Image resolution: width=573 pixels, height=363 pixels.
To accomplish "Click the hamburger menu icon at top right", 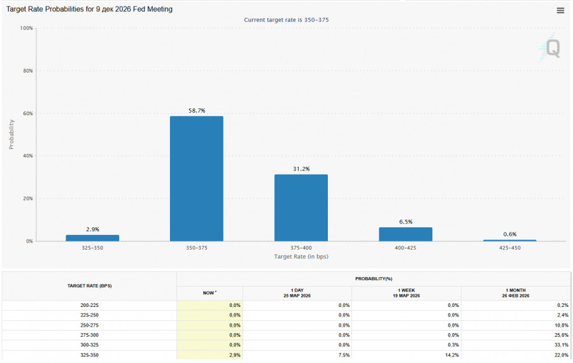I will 560,10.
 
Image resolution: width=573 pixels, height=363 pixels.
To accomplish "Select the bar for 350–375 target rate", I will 196,178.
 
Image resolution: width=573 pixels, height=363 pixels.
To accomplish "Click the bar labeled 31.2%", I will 301,208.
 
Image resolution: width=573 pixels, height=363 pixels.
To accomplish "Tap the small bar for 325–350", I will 92,238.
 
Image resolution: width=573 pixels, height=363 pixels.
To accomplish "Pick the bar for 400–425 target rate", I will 406,234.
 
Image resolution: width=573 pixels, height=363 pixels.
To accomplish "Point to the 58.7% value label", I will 197,111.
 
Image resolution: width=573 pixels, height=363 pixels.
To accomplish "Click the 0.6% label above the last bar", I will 509,234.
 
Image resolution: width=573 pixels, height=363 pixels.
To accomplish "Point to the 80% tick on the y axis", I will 26,71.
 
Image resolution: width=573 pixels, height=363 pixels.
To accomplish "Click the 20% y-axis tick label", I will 26,199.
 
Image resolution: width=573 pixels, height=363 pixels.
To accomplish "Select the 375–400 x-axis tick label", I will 301,248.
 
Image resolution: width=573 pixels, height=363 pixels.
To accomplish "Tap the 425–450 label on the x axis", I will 509,248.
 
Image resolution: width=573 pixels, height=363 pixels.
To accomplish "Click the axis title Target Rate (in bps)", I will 301,257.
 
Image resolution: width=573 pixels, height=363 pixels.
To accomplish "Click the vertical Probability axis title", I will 11,134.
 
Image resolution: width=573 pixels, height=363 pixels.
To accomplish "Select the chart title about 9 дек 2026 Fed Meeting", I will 89,10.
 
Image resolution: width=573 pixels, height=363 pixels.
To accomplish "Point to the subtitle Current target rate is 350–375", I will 286,20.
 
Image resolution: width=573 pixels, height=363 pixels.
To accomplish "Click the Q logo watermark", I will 552,49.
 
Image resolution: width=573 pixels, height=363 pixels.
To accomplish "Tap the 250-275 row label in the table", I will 89,325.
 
